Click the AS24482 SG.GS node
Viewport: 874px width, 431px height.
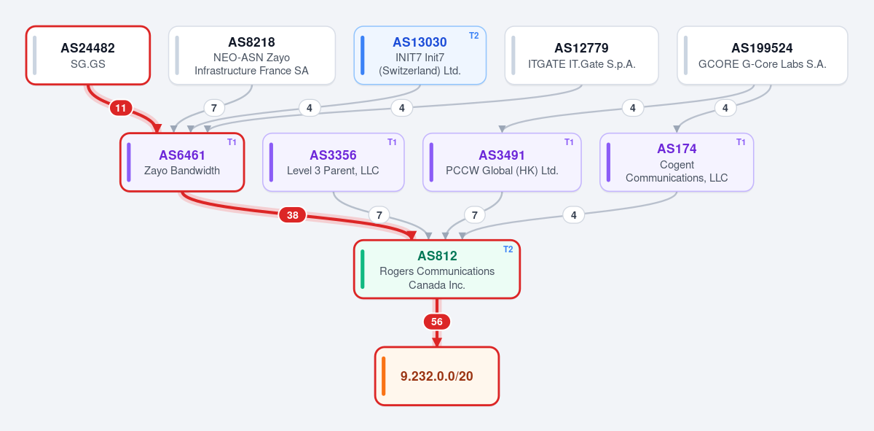pos(88,55)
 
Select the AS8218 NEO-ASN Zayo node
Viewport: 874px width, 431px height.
pos(252,55)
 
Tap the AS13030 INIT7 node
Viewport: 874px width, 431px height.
pos(420,55)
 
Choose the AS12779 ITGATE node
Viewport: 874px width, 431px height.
pos(581,55)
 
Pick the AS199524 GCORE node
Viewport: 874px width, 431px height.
pos(763,55)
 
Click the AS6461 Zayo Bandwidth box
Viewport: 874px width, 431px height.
pos(182,162)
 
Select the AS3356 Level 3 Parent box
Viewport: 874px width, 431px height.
pos(334,162)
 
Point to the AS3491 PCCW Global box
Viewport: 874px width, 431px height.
pos(502,162)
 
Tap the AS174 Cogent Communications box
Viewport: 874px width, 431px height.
pos(677,162)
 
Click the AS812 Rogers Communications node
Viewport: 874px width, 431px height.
pos(437,269)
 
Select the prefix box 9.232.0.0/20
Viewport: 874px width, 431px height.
pos(437,376)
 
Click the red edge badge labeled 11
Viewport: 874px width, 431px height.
pos(121,108)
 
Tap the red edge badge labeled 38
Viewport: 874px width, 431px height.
pos(293,215)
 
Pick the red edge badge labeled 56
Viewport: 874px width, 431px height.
pos(437,322)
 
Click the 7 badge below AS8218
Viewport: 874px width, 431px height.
pos(214,108)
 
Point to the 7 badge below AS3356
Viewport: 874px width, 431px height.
pos(379,215)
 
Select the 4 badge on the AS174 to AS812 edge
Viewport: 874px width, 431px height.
pos(574,215)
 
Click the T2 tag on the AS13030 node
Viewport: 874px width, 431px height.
pos(473,36)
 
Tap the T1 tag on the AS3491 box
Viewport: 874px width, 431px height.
pos(569,142)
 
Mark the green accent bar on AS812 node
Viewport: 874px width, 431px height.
pos(363,269)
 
